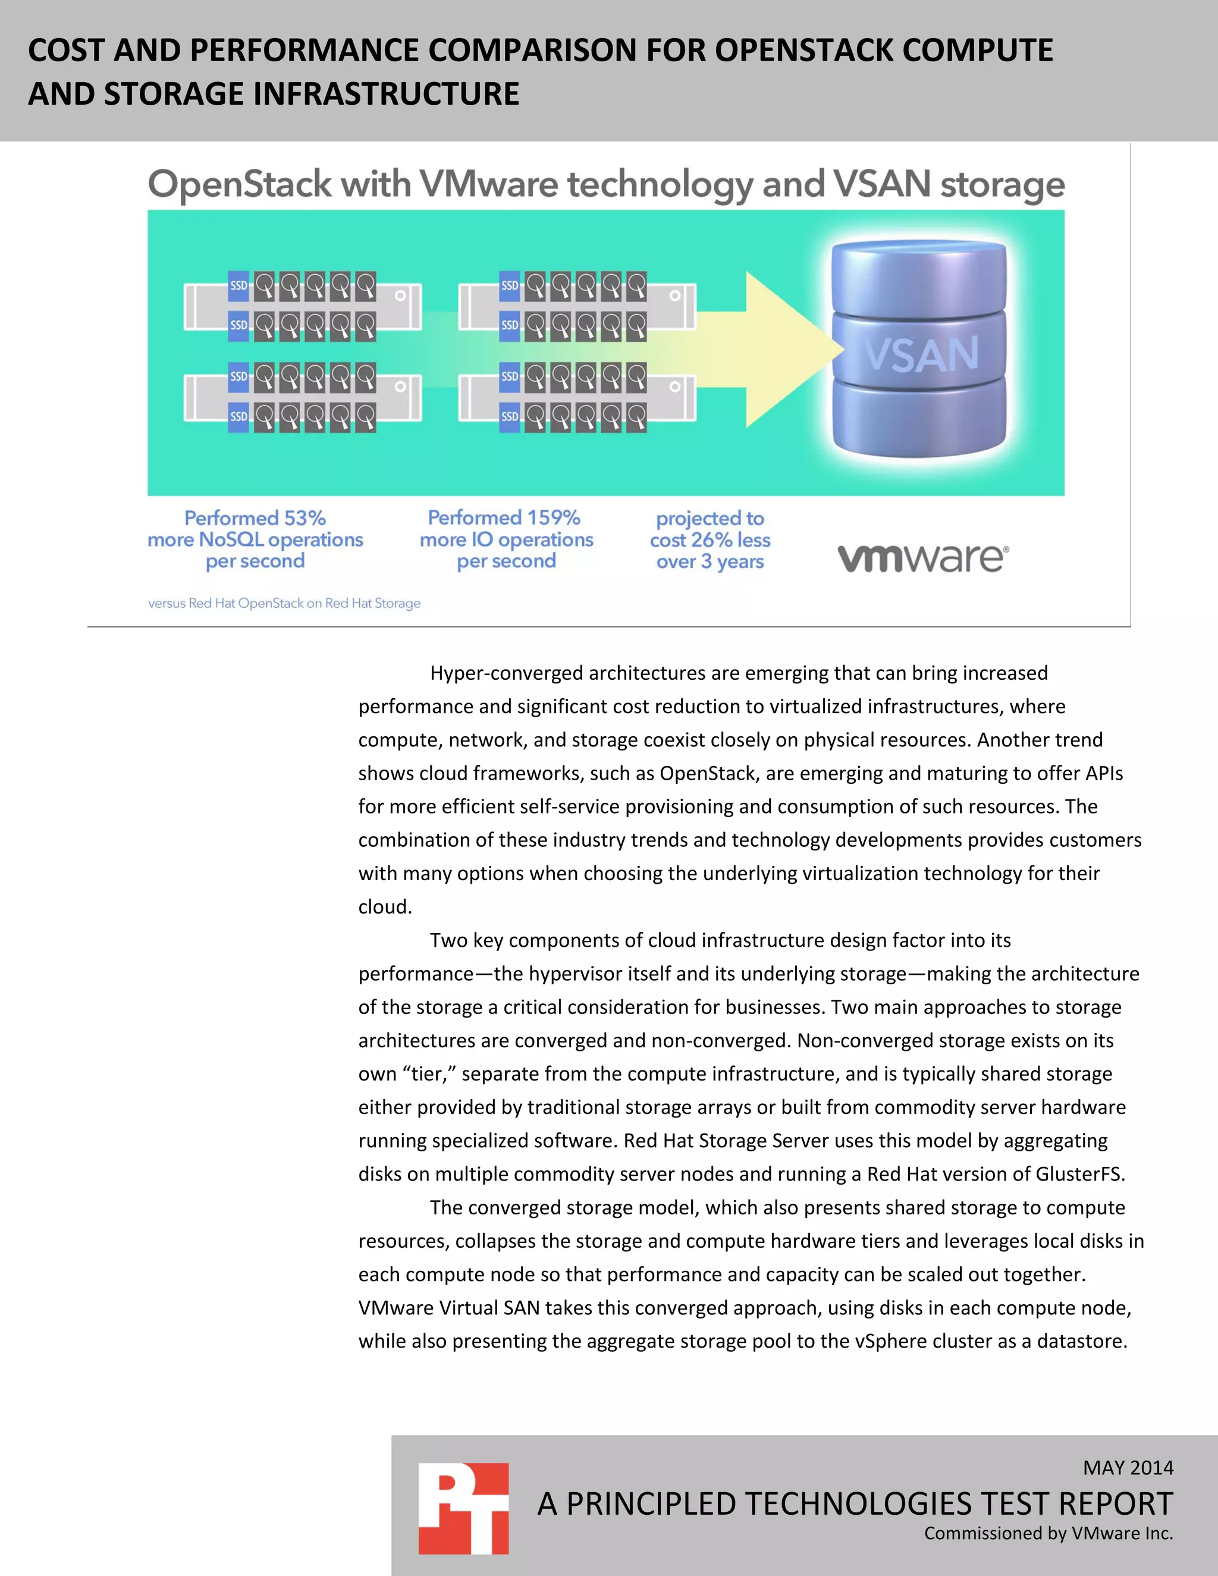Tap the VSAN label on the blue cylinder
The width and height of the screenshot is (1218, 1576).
921,354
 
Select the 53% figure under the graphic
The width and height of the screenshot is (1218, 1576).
304,518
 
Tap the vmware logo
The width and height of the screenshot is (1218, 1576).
923,558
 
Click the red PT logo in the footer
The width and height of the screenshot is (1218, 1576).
463,1508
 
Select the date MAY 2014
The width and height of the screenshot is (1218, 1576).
1128,1467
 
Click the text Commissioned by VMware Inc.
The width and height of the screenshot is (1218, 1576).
1049,1533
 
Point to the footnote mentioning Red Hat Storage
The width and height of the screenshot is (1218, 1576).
284,603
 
